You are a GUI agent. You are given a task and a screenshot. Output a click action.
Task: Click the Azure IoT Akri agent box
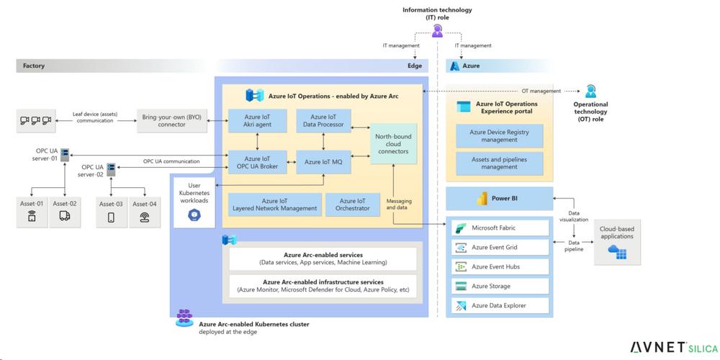pyautogui.click(x=258, y=120)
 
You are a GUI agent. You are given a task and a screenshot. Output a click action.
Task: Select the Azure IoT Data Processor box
pyautogui.click(x=323, y=120)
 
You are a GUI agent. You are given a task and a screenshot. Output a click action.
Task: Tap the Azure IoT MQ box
pyautogui.click(x=323, y=162)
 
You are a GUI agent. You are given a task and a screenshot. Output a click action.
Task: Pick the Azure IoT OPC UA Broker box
pyautogui.click(x=258, y=162)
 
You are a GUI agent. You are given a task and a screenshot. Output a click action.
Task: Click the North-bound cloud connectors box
pyautogui.click(x=394, y=144)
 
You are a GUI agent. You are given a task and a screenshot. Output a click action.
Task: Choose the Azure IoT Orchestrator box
pyautogui.click(x=353, y=204)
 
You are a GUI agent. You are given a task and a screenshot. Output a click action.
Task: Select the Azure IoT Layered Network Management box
pyautogui.click(x=275, y=204)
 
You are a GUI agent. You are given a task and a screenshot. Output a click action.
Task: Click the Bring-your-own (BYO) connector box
pyautogui.click(x=171, y=121)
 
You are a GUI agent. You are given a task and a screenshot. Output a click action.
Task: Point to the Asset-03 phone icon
pyautogui.click(x=111, y=217)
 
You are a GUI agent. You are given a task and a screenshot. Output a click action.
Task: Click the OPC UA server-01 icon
pyautogui.click(x=64, y=155)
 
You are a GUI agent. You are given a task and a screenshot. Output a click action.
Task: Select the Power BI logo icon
pyautogui.click(x=482, y=199)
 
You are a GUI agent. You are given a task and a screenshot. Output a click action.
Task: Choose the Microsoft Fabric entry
pyautogui.click(x=500, y=228)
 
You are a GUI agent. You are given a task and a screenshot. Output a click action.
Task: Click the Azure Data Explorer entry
pyautogui.click(x=500, y=305)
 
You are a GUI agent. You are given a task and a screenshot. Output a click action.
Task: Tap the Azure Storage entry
pyautogui.click(x=500, y=286)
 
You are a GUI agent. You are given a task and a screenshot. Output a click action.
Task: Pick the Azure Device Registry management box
pyautogui.click(x=499, y=135)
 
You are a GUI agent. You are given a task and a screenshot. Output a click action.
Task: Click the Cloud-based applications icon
pyautogui.click(x=617, y=251)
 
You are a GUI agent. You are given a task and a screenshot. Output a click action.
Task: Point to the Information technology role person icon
pyautogui.click(x=437, y=31)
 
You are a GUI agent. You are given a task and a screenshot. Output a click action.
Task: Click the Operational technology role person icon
pyautogui.click(x=590, y=91)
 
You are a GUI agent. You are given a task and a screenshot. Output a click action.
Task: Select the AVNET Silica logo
pyautogui.click(x=673, y=348)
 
